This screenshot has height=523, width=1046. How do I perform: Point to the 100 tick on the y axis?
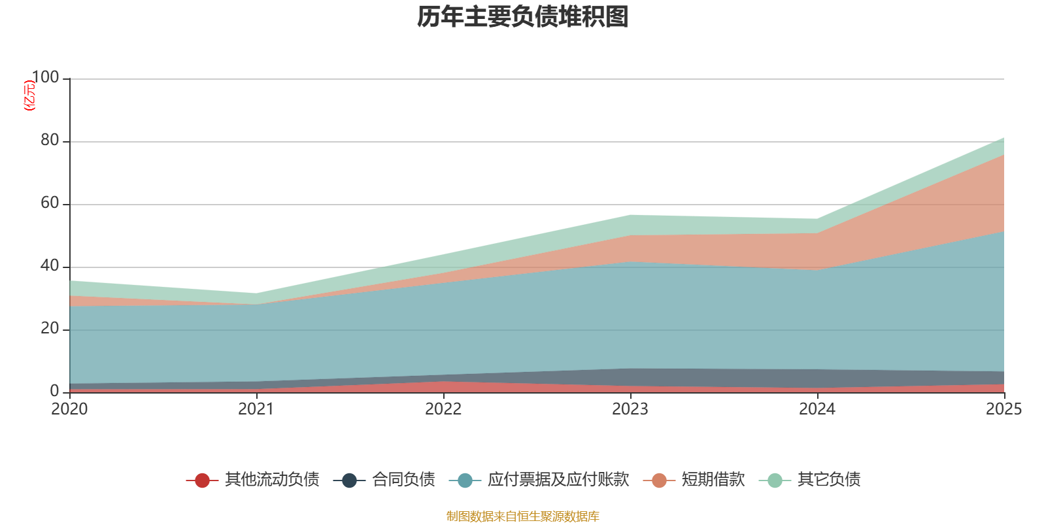(46, 78)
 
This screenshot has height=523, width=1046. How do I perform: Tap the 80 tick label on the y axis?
(50, 141)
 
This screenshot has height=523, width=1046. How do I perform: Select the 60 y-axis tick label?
(50, 203)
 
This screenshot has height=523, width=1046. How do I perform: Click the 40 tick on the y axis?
(50, 266)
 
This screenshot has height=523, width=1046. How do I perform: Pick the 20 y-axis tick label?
(50, 329)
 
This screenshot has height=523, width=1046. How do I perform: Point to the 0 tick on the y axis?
(55, 391)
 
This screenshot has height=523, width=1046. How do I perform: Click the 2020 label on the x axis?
(69, 409)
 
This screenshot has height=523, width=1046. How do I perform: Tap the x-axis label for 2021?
(256, 409)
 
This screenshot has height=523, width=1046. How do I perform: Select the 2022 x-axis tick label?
(443, 409)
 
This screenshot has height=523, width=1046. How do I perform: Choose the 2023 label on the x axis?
(630, 409)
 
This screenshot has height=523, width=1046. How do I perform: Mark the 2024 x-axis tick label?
(817, 409)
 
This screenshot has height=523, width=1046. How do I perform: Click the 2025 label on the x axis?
(1004, 409)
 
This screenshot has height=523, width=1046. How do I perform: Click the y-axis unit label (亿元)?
(29, 95)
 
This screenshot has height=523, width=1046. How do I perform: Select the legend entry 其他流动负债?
(272, 480)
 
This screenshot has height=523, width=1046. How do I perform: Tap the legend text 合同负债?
(403, 480)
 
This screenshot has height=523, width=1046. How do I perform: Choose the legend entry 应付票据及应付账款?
(558, 480)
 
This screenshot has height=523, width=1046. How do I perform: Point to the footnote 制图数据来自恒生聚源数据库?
(523, 516)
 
